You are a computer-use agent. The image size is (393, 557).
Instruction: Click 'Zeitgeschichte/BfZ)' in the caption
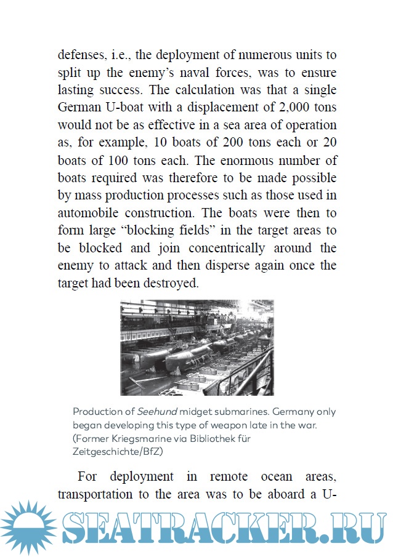116,452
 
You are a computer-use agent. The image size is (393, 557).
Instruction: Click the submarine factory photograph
197,347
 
